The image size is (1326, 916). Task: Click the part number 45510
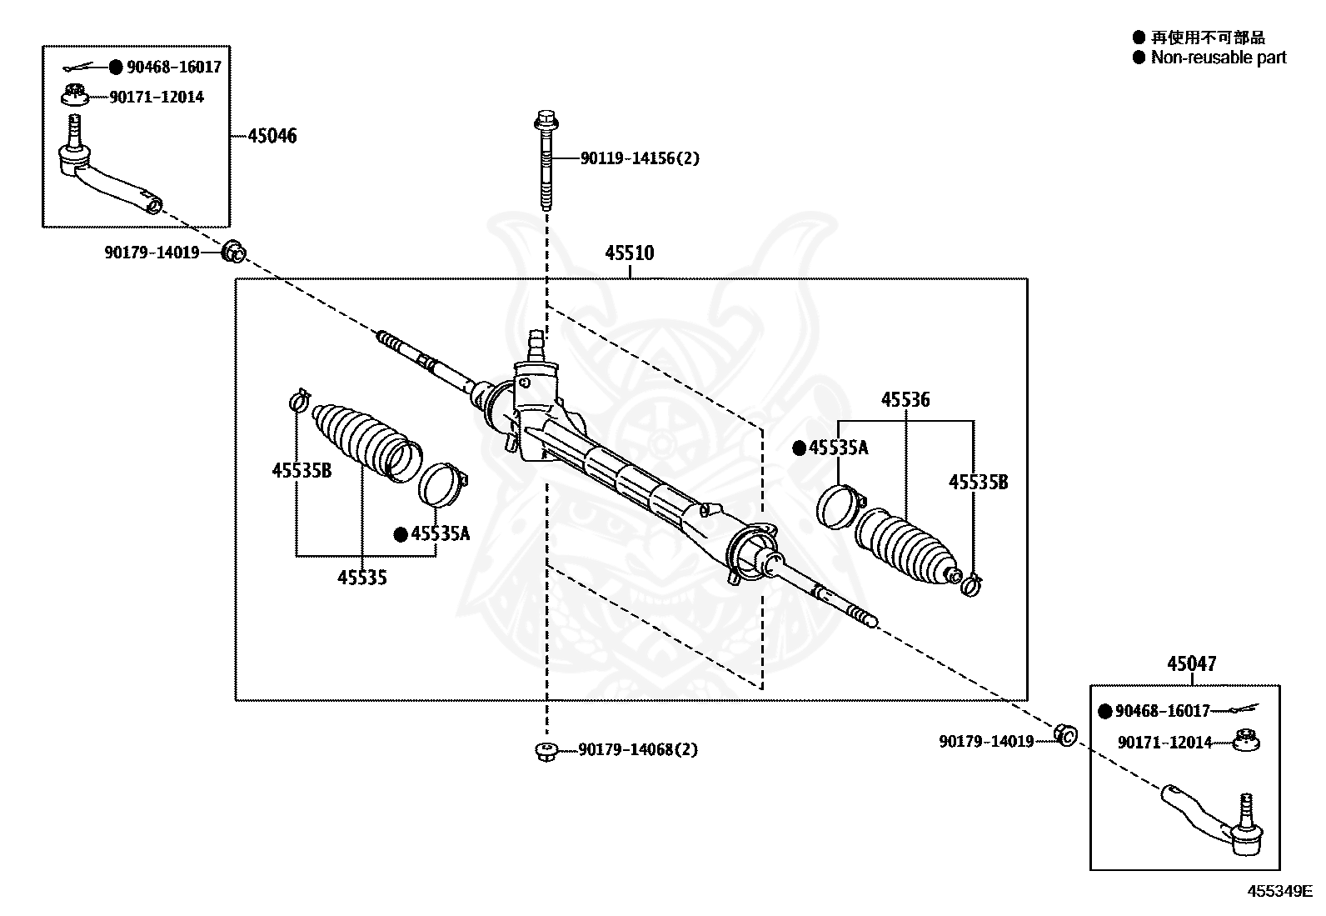[629, 253]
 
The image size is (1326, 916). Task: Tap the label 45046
[272, 136]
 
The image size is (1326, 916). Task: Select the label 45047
[1192, 663]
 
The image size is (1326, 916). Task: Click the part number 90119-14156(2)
[640, 158]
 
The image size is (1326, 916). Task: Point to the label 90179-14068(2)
[638, 749]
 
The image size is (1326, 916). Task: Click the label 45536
[905, 399]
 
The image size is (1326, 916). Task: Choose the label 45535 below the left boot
[361, 577]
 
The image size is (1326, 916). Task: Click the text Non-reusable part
[1219, 58]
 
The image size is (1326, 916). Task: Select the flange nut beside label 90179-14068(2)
[546, 751]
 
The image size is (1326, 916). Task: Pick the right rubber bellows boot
[906, 545]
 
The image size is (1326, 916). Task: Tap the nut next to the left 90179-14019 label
[234, 252]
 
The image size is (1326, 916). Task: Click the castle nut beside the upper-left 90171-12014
[75, 95]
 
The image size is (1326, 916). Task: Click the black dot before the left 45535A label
[401, 534]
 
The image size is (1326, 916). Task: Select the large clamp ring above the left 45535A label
[443, 484]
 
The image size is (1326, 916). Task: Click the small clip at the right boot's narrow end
[971, 585]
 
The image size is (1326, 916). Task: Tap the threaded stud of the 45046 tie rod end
[75, 130]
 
